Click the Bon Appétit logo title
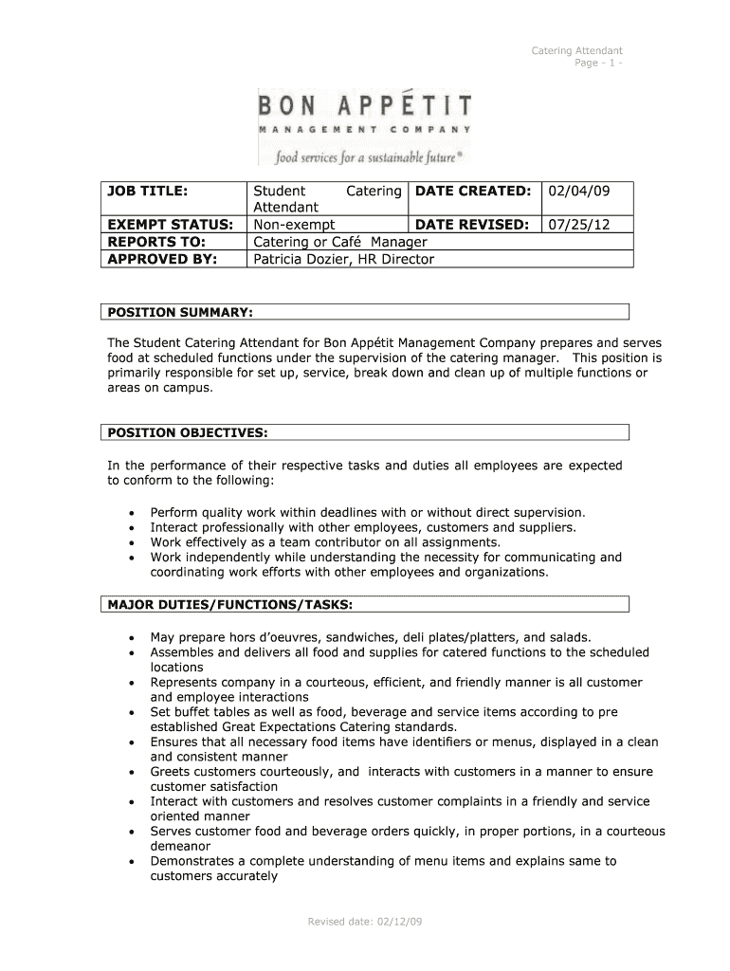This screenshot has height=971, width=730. coord(365,103)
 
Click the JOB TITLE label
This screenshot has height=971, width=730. coord(148,192)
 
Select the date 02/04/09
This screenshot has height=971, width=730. coord(576,192)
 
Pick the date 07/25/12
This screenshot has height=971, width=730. coord(576,225)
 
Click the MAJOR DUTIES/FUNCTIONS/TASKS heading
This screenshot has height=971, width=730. coord(230,604)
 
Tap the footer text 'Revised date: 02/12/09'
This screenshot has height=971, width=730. coord(364,922)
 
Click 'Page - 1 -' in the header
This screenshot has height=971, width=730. coord(598,63)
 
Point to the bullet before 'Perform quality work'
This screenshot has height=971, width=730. coord(130,513)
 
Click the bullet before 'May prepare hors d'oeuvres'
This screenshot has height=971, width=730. coord(130,638)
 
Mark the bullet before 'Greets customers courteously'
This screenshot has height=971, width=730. coord(130,773)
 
